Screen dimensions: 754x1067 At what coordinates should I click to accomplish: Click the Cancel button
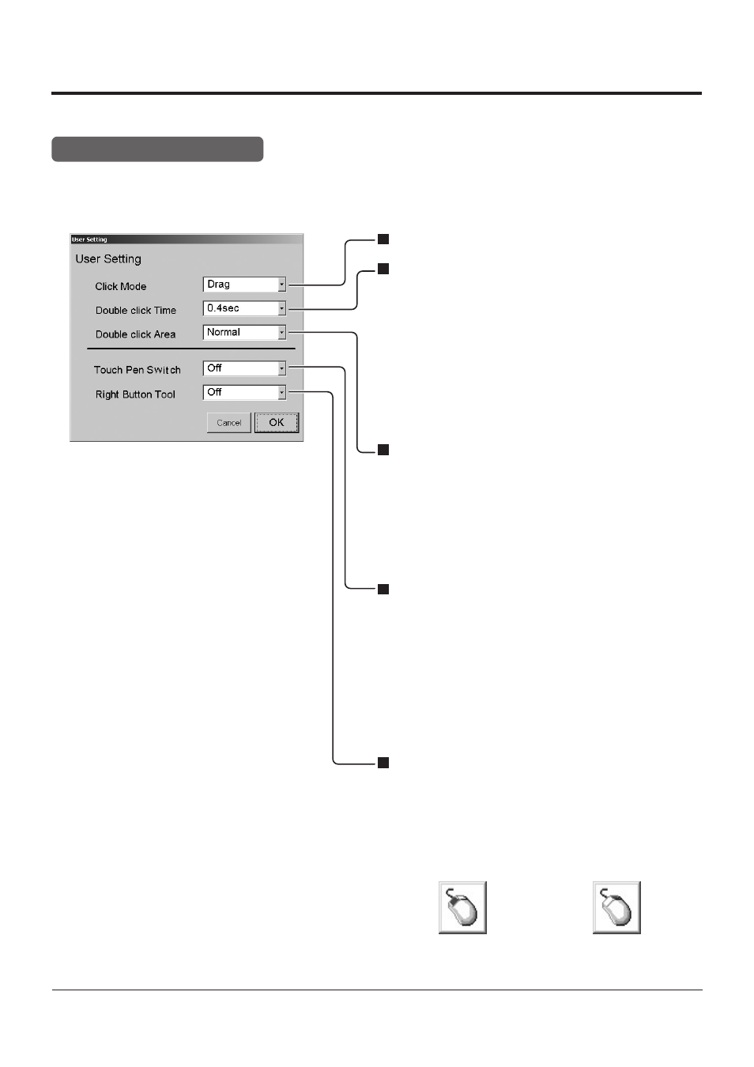coord(228,423)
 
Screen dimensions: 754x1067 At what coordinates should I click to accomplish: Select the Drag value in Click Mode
coord(219,285)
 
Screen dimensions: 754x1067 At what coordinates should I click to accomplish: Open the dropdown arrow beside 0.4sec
coord(281,308)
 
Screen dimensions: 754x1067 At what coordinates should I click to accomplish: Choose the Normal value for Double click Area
coord(224,332)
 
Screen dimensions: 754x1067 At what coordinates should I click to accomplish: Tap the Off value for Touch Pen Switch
coord(214,368)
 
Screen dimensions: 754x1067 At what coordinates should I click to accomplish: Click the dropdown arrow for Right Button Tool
coord(281,392)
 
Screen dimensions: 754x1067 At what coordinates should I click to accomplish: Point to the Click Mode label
coord(120,286)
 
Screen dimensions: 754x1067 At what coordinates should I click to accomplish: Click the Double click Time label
coord(136,310)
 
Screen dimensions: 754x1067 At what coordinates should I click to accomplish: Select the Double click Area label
coord(136,334)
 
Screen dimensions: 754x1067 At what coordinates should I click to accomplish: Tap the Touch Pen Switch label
coord(138,370)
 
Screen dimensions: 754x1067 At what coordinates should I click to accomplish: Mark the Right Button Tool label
coord(135,394)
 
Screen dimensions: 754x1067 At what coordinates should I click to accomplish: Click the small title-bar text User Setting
coord(89,239)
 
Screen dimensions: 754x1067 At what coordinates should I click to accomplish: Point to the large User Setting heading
coord(108,259)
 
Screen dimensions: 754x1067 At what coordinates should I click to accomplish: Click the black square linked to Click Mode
coord(383,239)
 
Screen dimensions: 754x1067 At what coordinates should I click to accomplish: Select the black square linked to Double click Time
coord(383,269)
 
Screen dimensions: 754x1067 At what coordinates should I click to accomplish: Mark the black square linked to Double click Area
coord(383,450)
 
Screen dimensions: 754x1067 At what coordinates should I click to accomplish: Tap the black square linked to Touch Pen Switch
coord(383,590)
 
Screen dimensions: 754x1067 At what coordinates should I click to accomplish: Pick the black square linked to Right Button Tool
coord(383,763)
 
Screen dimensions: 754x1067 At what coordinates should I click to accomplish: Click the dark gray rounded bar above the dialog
coord(157,149)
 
